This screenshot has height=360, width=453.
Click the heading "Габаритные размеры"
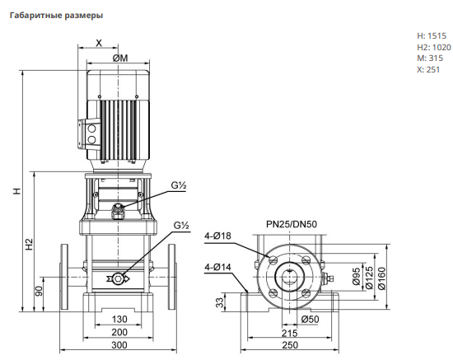[x=56, y=16]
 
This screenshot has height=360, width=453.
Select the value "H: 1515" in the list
[x=432, y=35]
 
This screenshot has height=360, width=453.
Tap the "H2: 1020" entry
[x=433, y=47]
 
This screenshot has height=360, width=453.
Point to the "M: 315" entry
[x=430, y=58]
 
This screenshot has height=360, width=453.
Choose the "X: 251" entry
[x=428, y=70]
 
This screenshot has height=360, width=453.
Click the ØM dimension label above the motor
[x=120, y=58]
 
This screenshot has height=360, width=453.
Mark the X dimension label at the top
[x=99, y=43]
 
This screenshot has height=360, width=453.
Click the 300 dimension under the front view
[x=119, y=344]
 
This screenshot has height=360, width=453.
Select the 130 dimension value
[x=119, y=319]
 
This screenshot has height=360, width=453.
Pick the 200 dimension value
[x=119, y=332]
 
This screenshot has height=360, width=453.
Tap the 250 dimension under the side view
[x=290, y=344]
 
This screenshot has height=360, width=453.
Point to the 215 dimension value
[x=290, y=333]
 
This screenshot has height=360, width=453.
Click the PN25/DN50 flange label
[x=292, y=224]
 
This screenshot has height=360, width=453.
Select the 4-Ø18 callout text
[x=217, y=236]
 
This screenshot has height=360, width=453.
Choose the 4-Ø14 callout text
[x=217, y=267]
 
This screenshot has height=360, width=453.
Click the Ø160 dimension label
[x=381, y=278]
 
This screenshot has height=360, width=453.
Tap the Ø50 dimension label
[x=310, y=319]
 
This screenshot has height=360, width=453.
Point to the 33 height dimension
[x=220, y=302]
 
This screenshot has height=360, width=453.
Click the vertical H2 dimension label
[x=30, y=245]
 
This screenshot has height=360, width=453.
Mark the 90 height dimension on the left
[x=39, y=291]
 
